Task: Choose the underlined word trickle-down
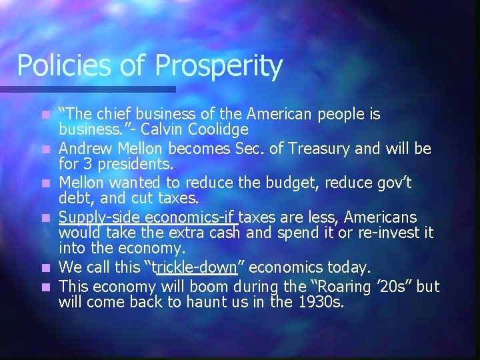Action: pyautogui.click(x=195, y=267)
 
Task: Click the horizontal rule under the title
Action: pyautogui.click(x=87, y=89)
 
